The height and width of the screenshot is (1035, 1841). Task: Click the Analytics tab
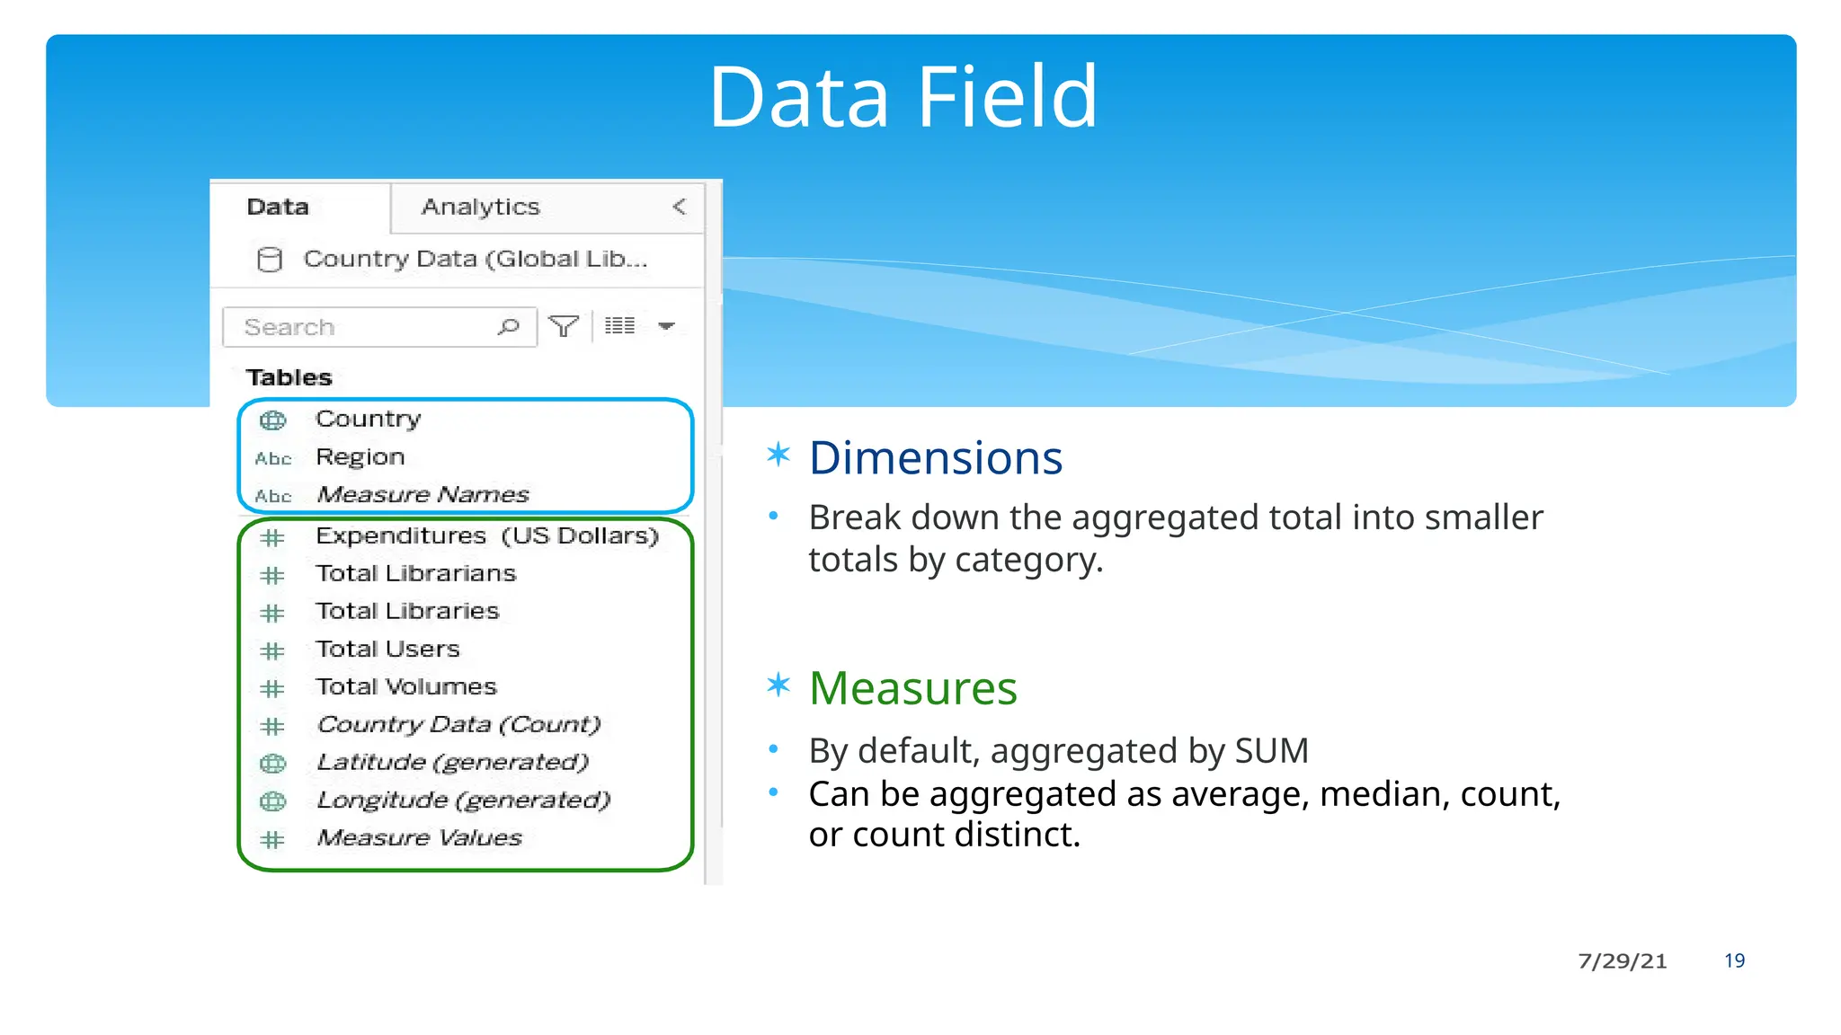[480, 208]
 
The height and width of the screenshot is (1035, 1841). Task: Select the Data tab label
[278, 208]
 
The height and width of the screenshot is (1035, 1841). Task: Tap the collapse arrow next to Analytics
[680, 207]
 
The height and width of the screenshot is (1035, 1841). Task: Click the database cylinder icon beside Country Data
[269, 260]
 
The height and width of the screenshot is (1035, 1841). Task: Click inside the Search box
[360, 327]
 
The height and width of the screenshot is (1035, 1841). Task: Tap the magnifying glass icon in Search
[509, 326]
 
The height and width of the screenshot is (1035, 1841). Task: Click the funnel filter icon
[564, 326]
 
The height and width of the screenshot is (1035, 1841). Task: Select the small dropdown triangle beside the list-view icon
[666, 326]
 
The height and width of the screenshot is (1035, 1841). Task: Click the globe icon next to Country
[272, 420]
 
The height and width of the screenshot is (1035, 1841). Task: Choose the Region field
[360, 457]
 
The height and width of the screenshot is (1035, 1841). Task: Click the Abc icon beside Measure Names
[273, 496]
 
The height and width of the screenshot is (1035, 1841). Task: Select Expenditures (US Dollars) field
[486, 536]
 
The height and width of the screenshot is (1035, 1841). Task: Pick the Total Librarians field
[415, 574]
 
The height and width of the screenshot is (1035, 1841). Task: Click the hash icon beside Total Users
[272, 650]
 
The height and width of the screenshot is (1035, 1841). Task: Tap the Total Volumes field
[405, 687]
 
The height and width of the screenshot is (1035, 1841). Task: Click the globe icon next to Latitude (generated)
[272, 764]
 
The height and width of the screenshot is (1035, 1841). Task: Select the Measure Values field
[419, 838]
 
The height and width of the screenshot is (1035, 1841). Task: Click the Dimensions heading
[935, 458]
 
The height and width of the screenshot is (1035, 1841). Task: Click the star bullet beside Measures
[778, 686]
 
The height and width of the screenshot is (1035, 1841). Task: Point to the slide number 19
[1734, 960]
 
